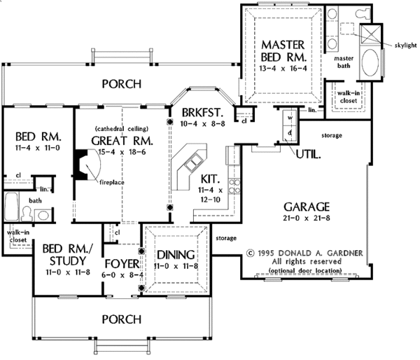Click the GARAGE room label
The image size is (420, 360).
[307, 207]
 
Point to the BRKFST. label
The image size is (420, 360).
[202, 112]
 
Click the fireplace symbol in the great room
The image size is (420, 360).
[84, 169]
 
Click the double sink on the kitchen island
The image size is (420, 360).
[190, 165]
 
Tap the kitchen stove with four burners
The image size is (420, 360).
[237, 186]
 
